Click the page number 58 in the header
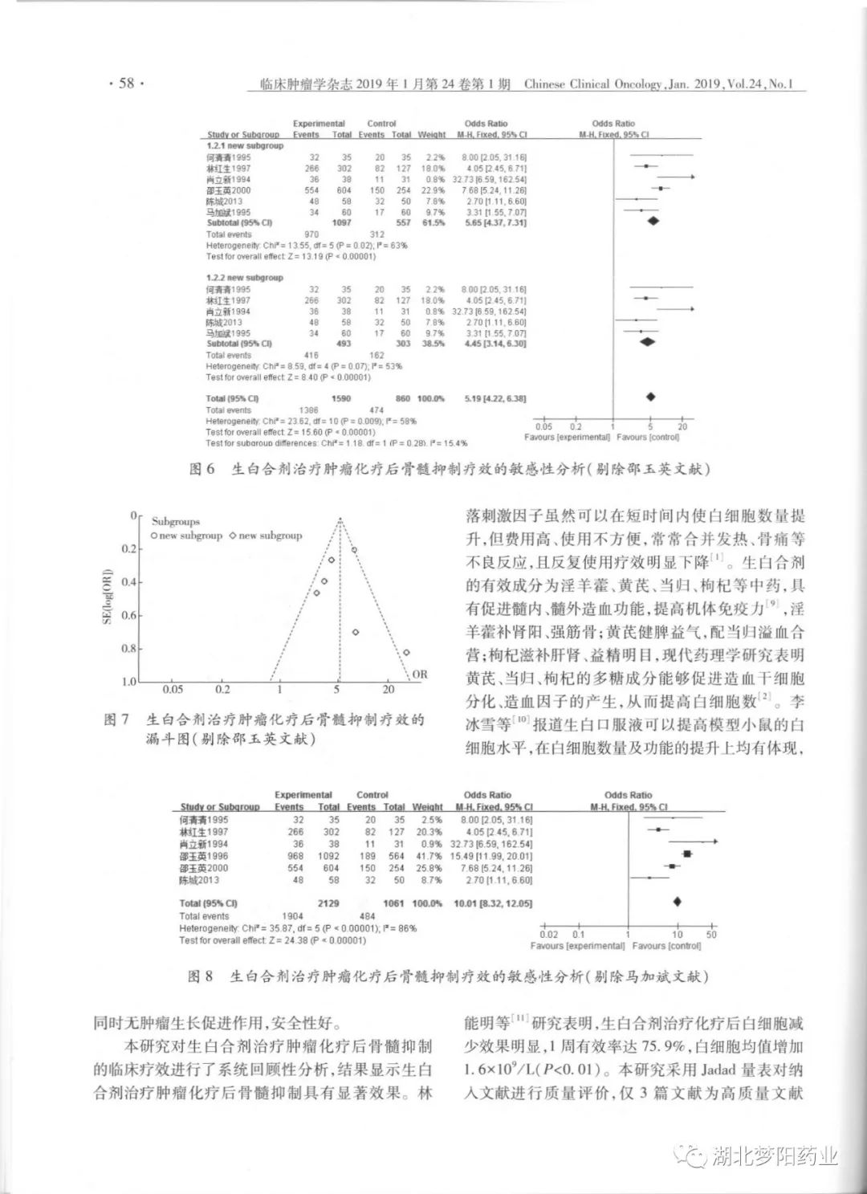pos(126,84)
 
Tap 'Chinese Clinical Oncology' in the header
pos(592,84)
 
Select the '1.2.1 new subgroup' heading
pos(245,146)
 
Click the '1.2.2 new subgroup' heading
pos(245,278)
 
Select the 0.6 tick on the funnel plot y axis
pos(129,616)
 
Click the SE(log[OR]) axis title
pos(107,597)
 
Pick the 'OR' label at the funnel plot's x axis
pos(420,674)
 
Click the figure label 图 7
pos(116,719)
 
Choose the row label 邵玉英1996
pos(204,856)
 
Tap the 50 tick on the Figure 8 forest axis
pos(711,935)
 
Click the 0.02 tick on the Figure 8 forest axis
pos(549,935)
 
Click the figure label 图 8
pos(201,976)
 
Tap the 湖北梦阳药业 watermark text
pos(775,1156)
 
